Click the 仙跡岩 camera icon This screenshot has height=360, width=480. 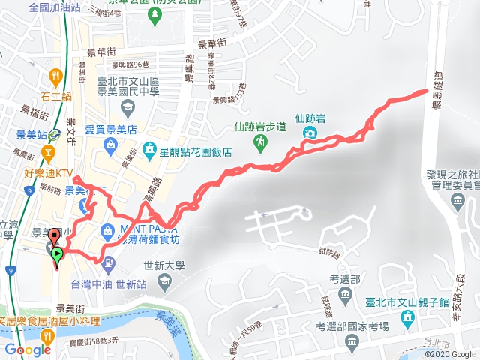tap(309, 133)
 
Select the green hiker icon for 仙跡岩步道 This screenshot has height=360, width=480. tap(259, 141)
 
